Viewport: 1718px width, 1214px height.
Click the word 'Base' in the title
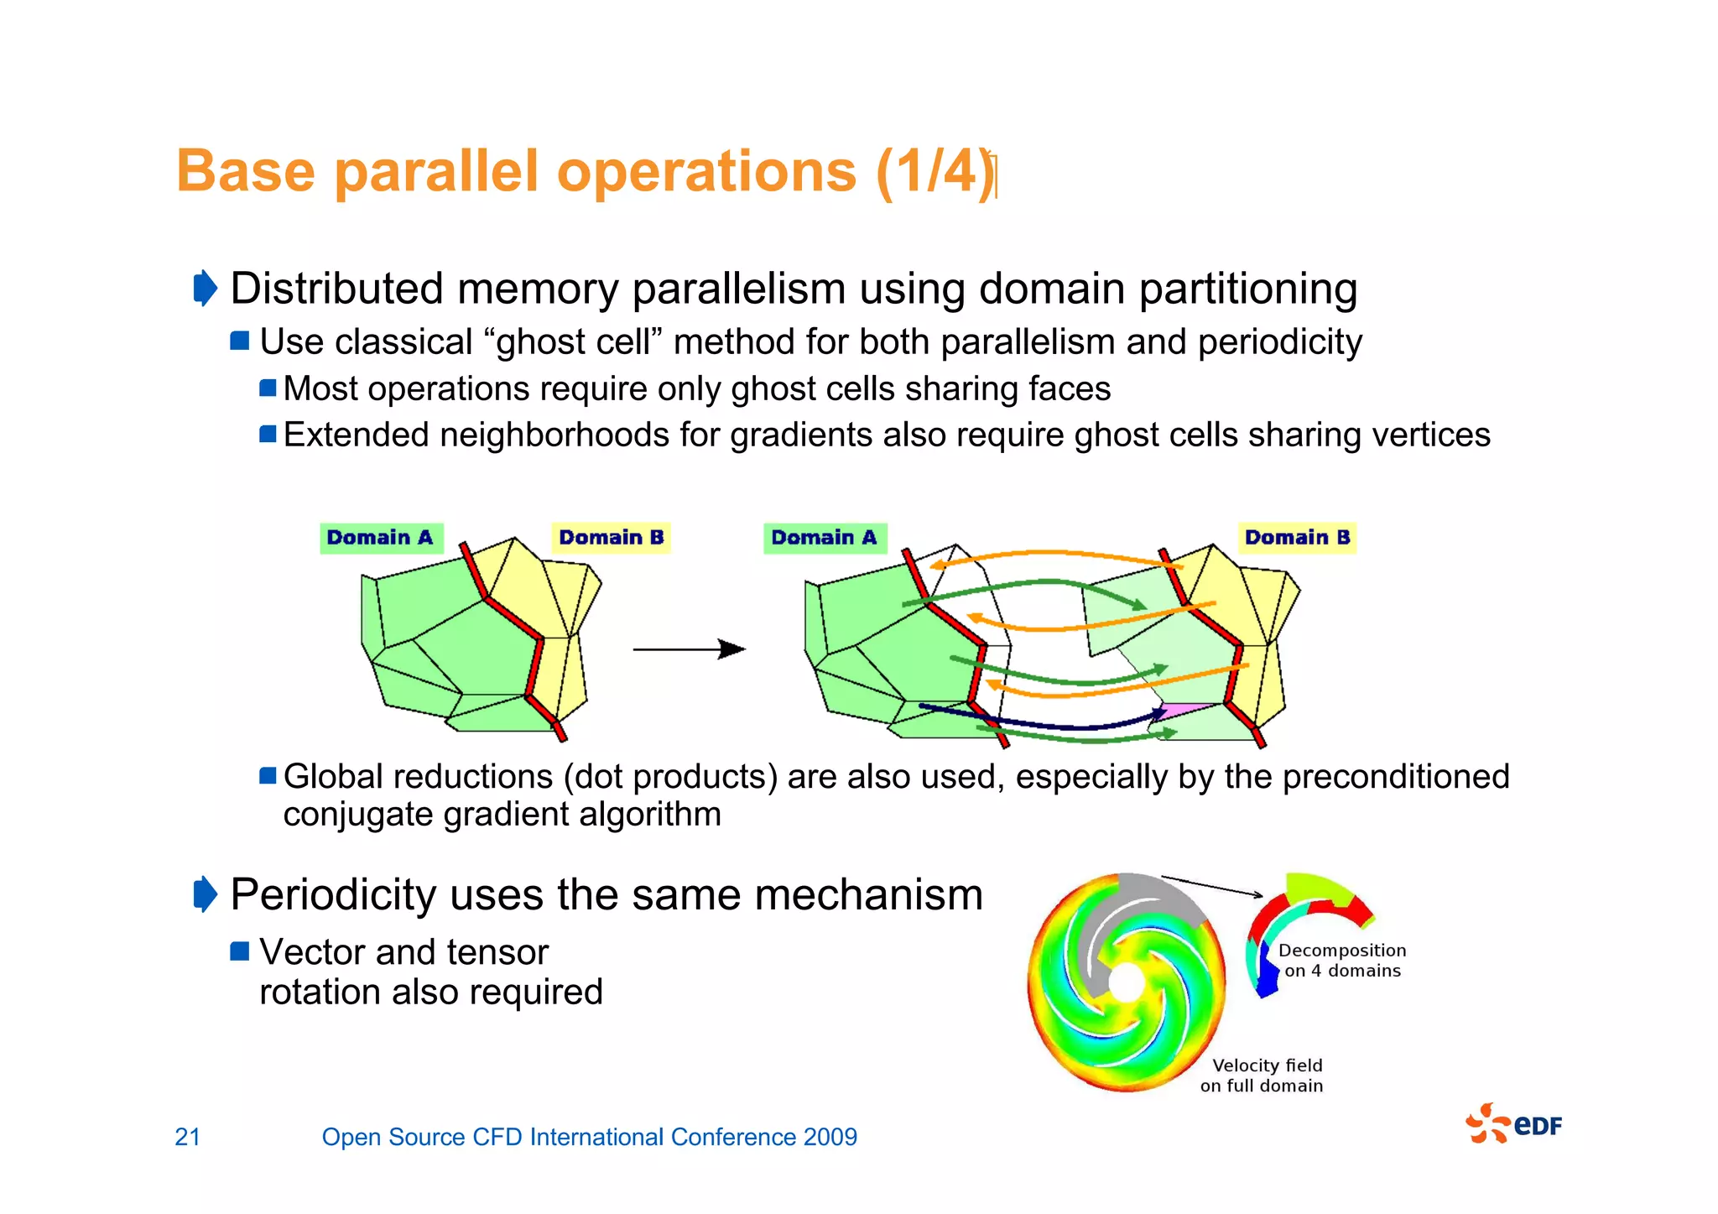click(x=245, y=172)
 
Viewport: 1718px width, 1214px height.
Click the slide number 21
click(x=187, y=1137)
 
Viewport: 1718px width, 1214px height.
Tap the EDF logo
click(x=1514, y=1124)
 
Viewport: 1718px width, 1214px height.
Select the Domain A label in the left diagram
click(x=380, y=538)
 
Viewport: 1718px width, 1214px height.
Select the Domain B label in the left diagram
click(x=611, y=538)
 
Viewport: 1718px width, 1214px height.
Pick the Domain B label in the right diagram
click(x=1297, y=538)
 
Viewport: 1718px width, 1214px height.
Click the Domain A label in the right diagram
click(x=824, y=538)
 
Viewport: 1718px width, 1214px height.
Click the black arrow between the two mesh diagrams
click(x=688, y=649)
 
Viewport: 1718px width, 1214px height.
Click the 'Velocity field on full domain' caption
click(x=1262, y=1075)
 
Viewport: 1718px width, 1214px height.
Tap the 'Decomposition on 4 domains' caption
click(x=1341, y=960)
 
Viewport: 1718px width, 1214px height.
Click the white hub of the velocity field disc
click(x=1126, y=982)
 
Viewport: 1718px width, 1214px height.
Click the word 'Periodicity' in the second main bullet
click(x=332, y=894)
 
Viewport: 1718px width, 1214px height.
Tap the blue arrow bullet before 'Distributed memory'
click(x=205, y=289)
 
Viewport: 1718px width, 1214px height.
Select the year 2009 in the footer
click(x=830, y=1137)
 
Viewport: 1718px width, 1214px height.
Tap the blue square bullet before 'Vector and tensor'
click(x=240, y=951)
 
